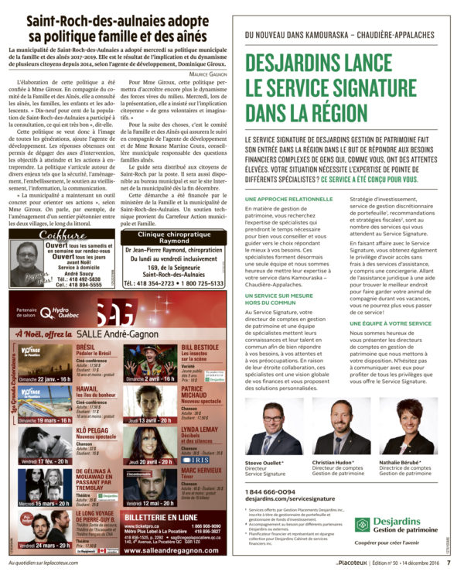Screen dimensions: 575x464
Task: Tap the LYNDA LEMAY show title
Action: [199, 428]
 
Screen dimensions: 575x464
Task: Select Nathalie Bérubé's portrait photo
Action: [401, 427]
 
